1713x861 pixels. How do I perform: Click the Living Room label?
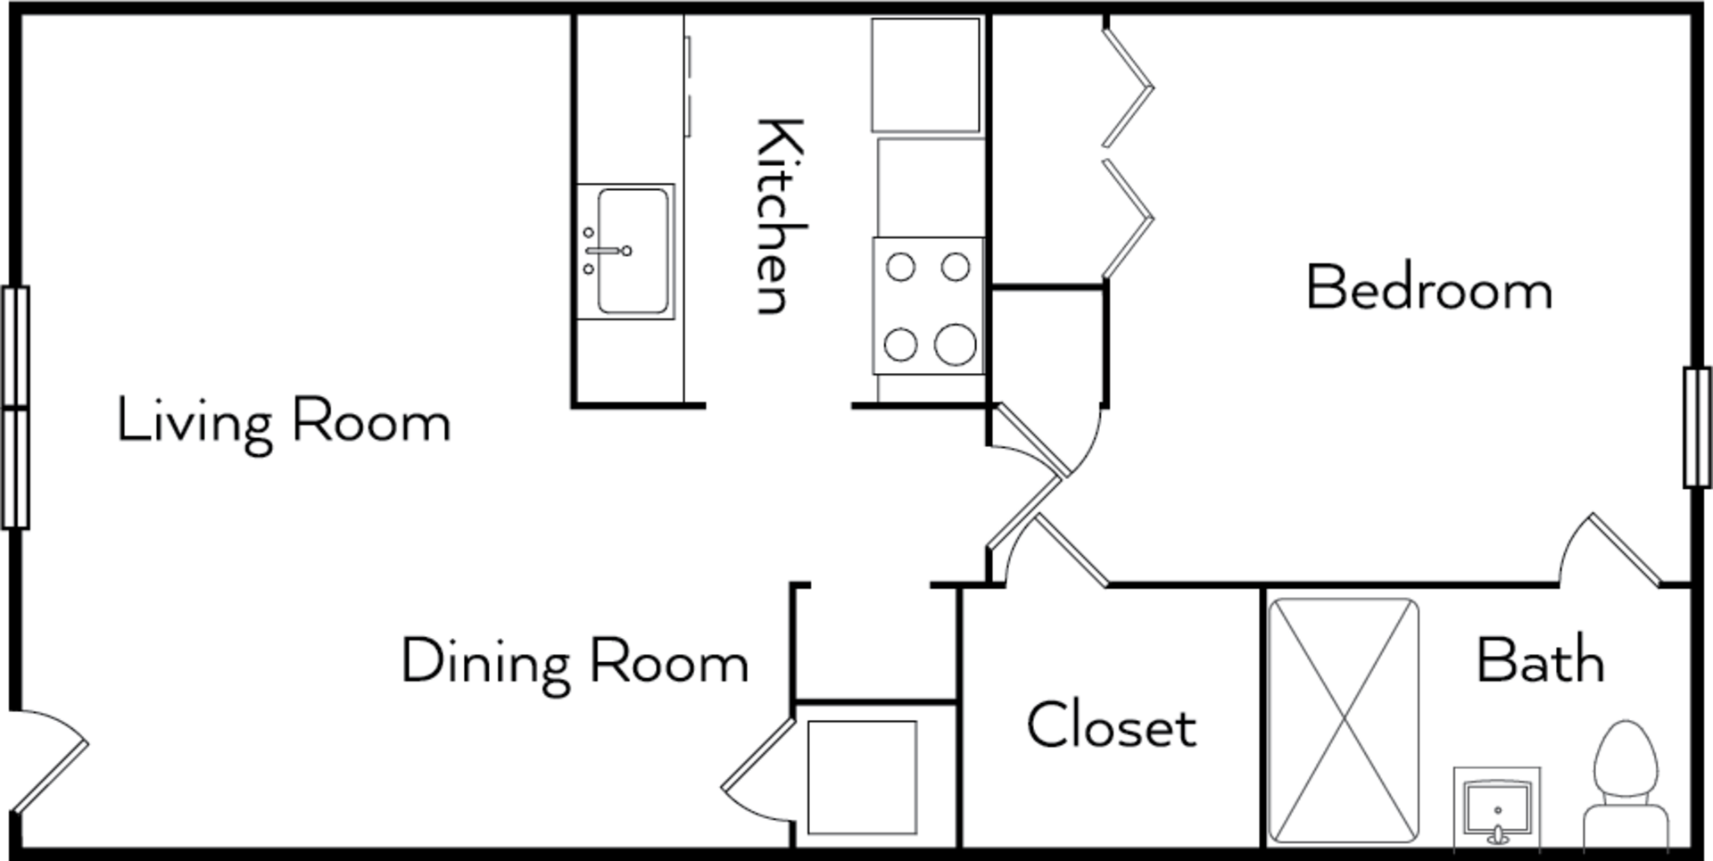[284, 423]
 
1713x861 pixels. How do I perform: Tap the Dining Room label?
[575, 662]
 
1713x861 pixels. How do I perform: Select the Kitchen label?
[780, 216]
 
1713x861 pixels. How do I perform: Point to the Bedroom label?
[1429, 289]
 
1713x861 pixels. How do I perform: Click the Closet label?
[1112, 725]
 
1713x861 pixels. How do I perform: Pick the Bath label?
[1541, 660]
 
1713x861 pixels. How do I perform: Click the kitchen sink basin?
[633, 251]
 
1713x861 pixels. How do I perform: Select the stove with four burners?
[929, 305]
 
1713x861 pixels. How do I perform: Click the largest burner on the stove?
[955, 344]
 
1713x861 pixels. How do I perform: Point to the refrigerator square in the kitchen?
[926, 75]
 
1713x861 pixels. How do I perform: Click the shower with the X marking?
[1344, 721]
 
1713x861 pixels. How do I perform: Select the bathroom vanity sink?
[1497, 807]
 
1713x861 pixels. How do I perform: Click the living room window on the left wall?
[15, 408]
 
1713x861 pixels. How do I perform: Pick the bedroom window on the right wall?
[1697, 426]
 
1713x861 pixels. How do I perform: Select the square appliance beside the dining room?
[862, 777]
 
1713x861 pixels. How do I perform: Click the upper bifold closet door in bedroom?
[1127, 87]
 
